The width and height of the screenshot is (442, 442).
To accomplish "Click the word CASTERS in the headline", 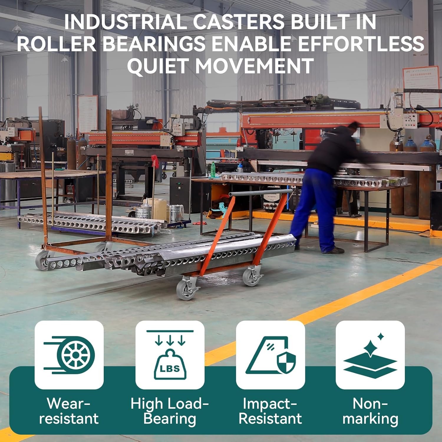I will tap(239, 22).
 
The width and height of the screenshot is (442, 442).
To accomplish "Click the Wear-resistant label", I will tap(69, 411).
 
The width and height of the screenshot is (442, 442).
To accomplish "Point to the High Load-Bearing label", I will tap(170, 411).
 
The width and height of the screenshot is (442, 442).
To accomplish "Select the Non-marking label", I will tap(370, 411).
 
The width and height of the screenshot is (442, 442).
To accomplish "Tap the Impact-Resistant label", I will tap(270, 411).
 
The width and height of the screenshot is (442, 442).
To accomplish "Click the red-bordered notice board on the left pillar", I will tap(88, 113).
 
